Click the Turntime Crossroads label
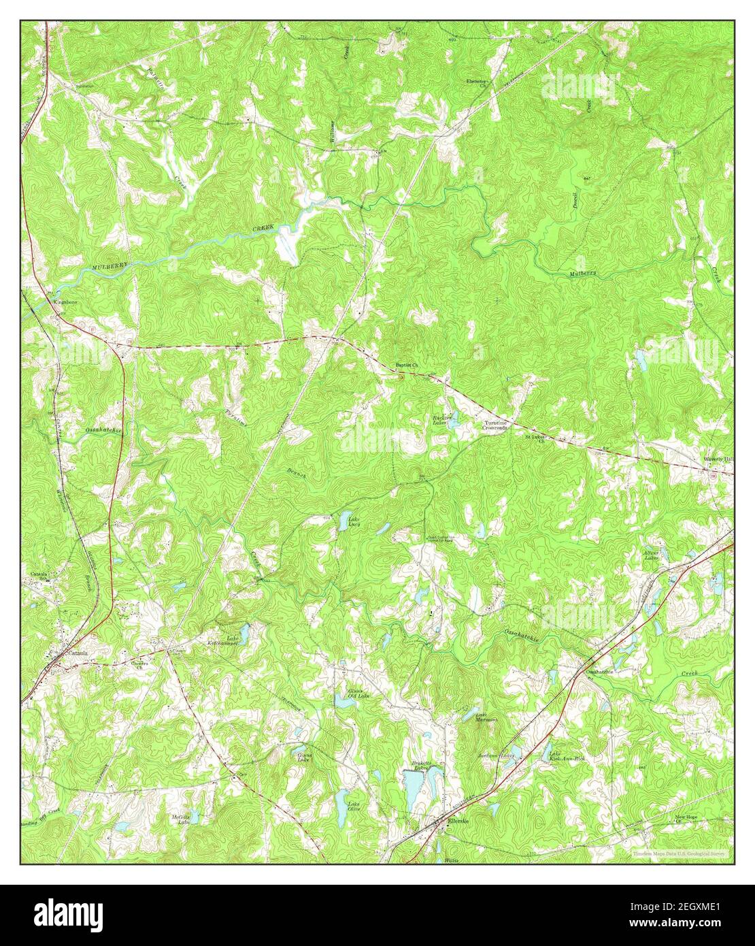[x=501, y=426]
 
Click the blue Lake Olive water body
[x=341, y=804]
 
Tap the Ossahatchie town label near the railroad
[x=599, y=672]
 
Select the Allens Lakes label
[x=652, y=556]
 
